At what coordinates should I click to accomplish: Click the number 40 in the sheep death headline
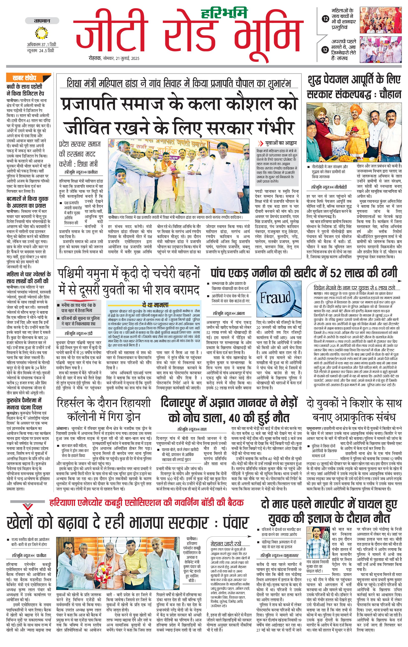(x=236, y=418)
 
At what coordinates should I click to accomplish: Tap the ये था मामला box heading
(x=155, y=305)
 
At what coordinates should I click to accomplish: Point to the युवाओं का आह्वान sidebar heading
(x=280, y=143)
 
